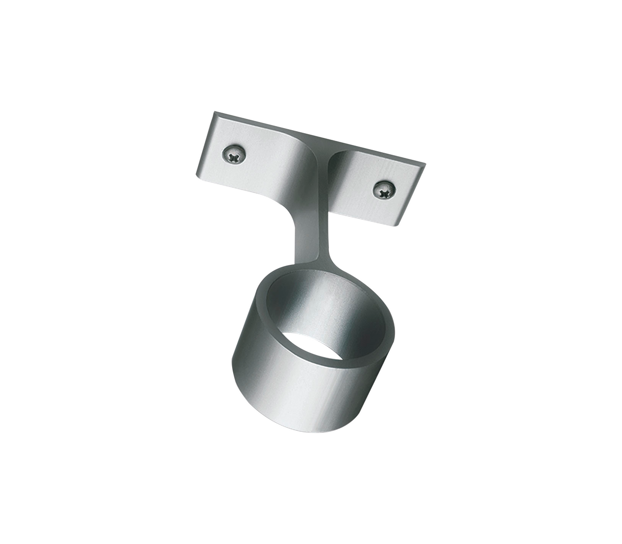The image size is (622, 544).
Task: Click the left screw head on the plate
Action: point(234,153)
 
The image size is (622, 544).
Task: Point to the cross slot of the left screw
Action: point(234,153)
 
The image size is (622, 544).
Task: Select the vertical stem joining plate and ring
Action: point(310,225)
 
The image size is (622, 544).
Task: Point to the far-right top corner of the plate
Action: point(425,163)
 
